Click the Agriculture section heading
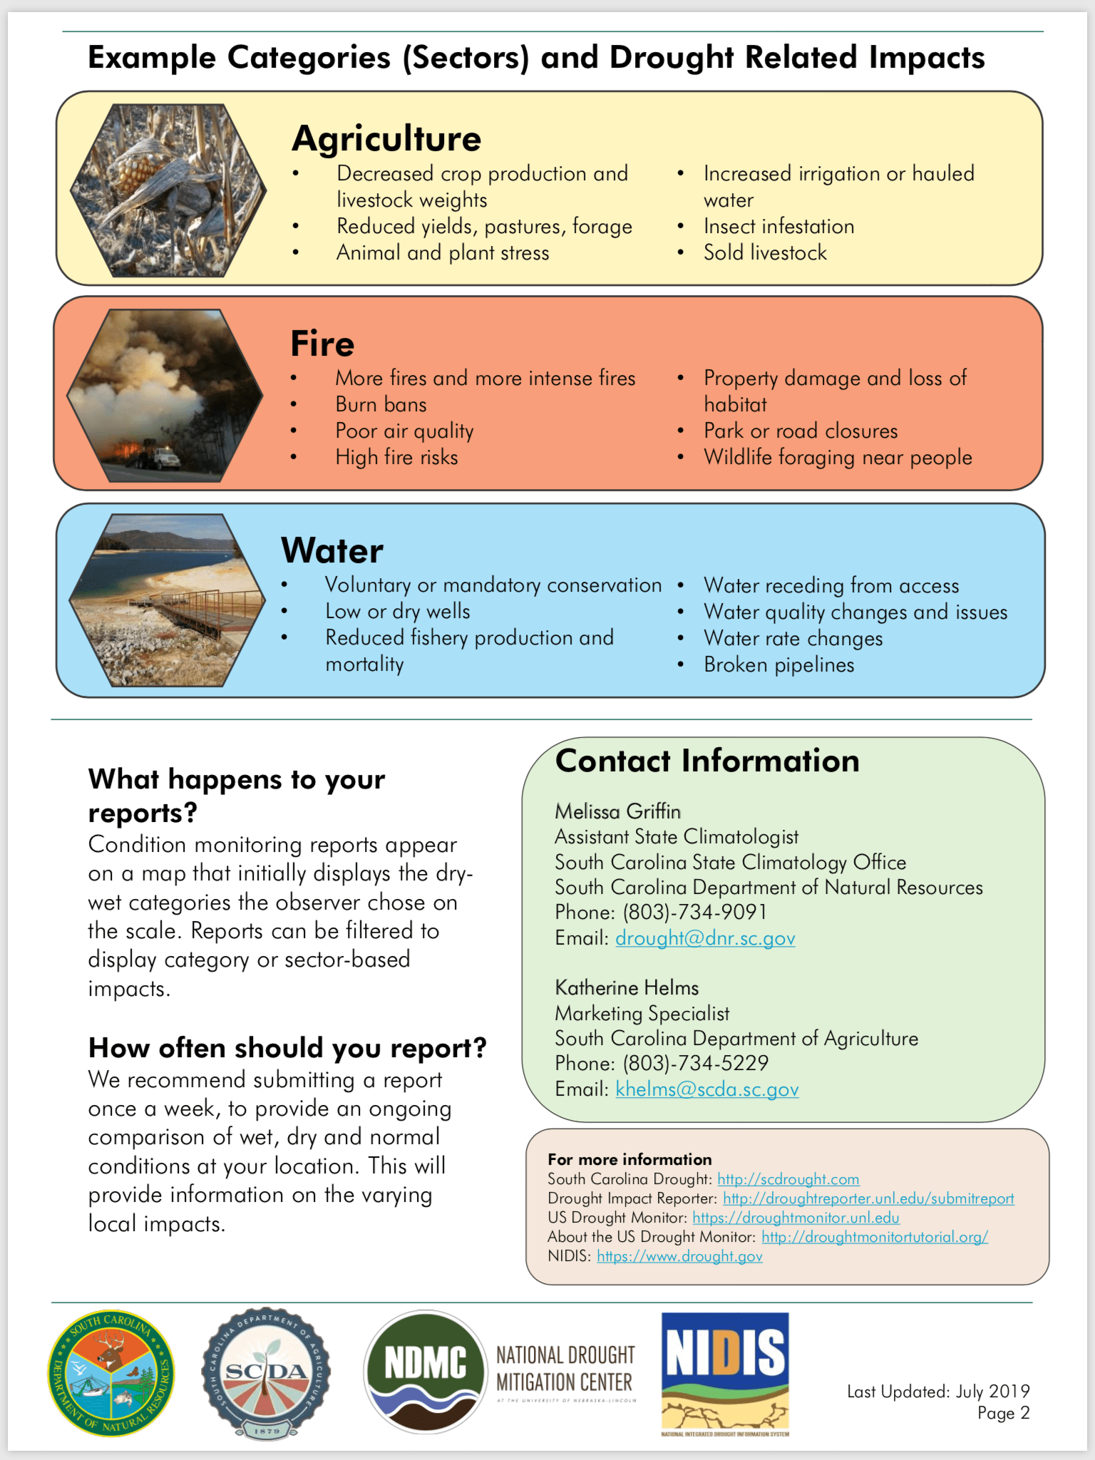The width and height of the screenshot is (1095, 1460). pos(386,138)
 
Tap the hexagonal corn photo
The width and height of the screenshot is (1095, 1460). pos(169,190)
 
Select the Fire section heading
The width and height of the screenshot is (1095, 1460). pos(322,344)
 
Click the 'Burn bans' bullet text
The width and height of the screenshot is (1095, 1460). pos(381,405)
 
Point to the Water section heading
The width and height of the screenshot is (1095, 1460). pos(332,550)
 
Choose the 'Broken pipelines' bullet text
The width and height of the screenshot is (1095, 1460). pos(778,665)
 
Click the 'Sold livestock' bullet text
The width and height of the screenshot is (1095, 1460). pos(765,253)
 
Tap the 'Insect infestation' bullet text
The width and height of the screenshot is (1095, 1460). pos(778,227)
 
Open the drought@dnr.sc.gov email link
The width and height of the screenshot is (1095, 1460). pos(705,938)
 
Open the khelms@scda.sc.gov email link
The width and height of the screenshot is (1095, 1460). pos(707,1089)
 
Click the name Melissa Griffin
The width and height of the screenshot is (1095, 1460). pos(617,811)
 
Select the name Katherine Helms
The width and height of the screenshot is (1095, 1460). pos(627,988)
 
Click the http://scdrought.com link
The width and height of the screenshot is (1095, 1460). pos(788,1179)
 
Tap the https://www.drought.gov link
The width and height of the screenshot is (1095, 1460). pos(679,1256)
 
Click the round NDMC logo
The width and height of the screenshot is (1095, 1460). pos(426,1371)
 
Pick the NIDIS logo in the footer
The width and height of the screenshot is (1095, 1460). pos(725,1374)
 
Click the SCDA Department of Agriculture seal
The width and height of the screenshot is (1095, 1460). pos(266,1372)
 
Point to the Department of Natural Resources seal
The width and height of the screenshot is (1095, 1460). pos(111,1373)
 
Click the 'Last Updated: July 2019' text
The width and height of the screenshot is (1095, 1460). pos(937,1391)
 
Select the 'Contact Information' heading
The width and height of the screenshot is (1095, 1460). pos(707,761)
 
